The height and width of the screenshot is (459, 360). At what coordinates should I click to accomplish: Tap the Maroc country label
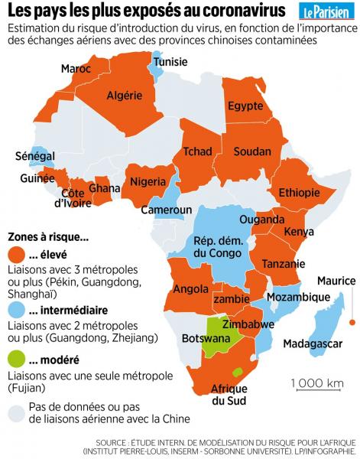(76, 69)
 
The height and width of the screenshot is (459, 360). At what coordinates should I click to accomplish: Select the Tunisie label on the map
(170, 62)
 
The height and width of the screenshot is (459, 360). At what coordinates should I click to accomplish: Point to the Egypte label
(245, 106)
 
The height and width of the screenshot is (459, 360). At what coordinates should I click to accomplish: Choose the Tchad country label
(198, 151)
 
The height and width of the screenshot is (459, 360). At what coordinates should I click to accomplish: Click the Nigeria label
(148, 181)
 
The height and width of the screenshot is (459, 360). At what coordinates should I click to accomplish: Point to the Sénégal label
(35, 156)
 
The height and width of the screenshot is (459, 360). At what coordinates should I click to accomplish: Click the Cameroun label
(170, 210)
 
